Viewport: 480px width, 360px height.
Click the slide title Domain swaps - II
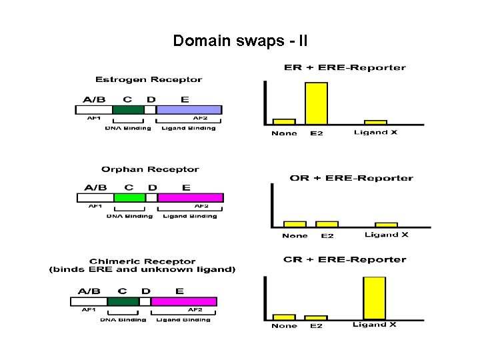240,41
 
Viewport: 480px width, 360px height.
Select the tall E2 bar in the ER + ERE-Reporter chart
316,103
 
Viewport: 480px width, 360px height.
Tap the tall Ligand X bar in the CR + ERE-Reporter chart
374,298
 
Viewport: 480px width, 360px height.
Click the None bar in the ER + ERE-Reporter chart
284,121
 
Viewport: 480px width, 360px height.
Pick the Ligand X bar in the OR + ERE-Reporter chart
386,225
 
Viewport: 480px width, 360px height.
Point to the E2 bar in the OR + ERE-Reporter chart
327,224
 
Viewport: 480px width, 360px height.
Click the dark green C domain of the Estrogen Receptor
128,109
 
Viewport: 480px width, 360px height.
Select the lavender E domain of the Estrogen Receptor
189,109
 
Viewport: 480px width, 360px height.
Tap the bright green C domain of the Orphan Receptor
129,197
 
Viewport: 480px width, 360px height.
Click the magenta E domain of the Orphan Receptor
190,197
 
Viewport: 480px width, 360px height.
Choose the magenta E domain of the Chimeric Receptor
184,301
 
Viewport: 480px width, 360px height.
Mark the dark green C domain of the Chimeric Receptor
123,301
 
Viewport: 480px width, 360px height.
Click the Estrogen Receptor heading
149,80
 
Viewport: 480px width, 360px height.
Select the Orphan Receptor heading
150,169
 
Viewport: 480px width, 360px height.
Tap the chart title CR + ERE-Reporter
345,259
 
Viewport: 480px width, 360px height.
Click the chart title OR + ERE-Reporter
351,178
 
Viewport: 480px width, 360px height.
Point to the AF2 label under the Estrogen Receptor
201,118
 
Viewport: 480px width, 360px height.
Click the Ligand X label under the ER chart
375,132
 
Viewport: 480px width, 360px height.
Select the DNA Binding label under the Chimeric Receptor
123,320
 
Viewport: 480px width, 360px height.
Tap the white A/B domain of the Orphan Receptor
95,197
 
